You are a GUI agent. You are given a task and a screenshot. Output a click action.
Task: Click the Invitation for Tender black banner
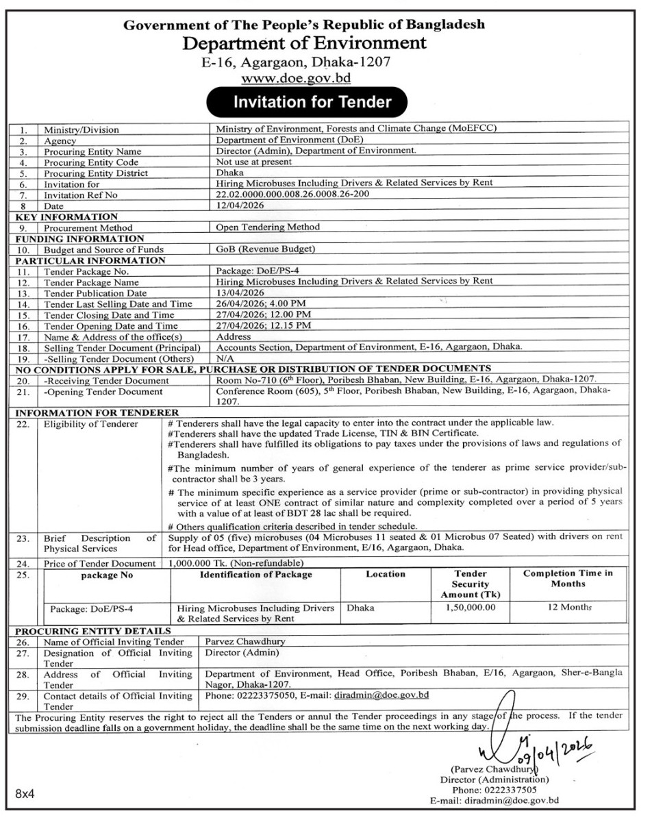click(x=312, y=102)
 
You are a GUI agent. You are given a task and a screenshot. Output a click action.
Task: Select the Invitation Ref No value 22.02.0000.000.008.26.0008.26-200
click(x=292, y=194)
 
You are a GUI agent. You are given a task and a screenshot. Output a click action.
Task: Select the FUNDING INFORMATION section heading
click(x=79, y=238)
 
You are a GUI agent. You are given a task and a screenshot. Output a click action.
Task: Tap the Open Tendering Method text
click(x=268, y=227)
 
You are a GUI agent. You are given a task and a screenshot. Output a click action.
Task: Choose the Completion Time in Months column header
click(x=568, y=578)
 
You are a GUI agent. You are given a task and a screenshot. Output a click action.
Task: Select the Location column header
click(x=385, y=574)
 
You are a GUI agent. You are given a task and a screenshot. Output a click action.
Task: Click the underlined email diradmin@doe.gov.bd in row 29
click(x=381, y=695)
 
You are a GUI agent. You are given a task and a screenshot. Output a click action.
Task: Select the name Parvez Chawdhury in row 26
click(x=244, y=642)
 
